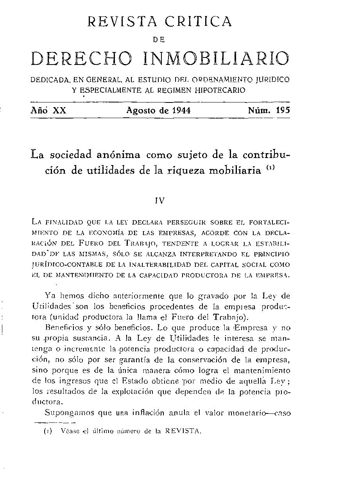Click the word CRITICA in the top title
tap(198, 21)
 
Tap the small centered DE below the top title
tap(160, 39)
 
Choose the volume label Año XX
tap(48, 110)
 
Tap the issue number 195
tap(283, 110)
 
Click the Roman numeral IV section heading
tap(160, 201)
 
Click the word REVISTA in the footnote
tap(183, 431)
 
